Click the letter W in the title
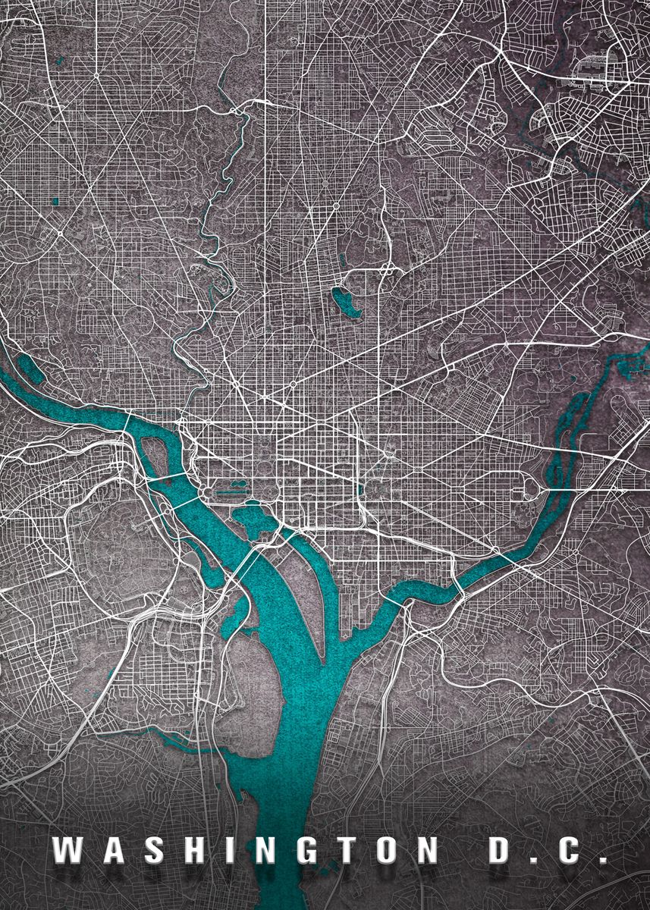tap(70, 851)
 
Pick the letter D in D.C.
tap(501, 851)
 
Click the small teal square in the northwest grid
tap(55, 201)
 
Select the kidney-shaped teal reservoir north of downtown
tap(344, 302)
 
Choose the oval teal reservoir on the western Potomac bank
tap(29, 367)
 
